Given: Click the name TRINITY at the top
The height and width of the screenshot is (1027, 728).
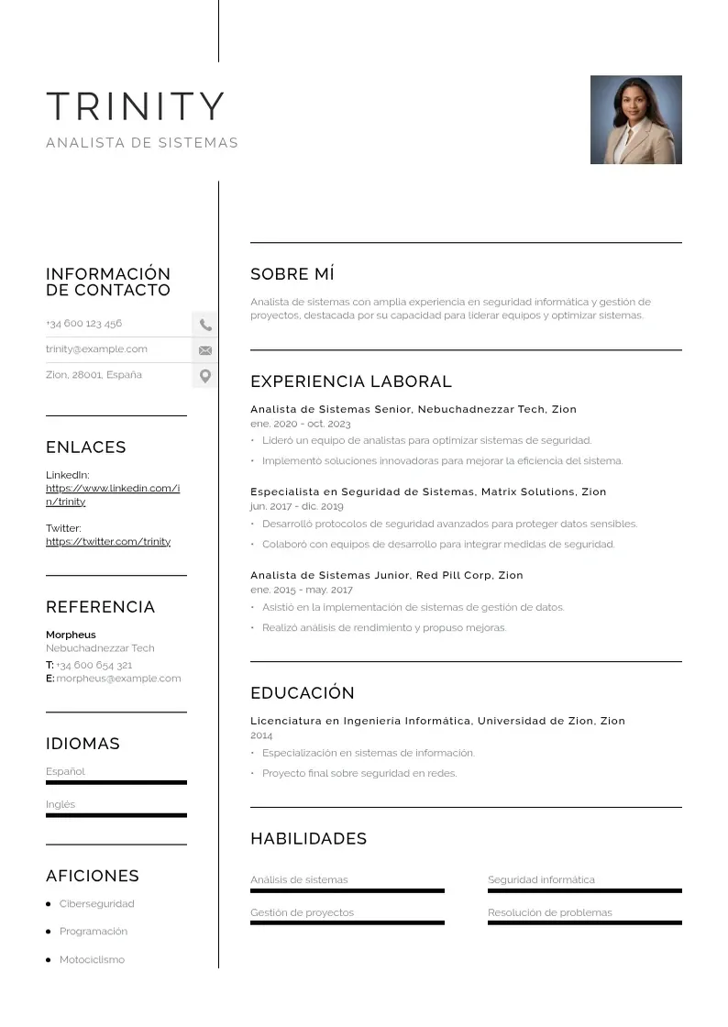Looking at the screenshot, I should click(136, 106).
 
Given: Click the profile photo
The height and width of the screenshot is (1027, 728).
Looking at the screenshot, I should click(635, 120).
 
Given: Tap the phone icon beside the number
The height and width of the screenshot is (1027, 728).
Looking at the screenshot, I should click(205, 325).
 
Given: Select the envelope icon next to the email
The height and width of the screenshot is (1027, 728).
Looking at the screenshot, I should click(205, 350).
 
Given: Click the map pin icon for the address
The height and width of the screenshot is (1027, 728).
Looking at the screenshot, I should click(205, 376).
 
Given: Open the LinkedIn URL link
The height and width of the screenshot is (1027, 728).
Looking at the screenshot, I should click(112, 494).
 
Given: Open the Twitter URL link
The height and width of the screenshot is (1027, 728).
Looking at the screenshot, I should click(108, 542).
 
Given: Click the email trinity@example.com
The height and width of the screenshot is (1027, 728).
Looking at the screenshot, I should click(96, 349).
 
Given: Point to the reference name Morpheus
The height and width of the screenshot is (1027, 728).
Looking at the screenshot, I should click(71, 635).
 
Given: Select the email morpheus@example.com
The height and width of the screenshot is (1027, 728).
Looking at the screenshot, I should click(118, 679).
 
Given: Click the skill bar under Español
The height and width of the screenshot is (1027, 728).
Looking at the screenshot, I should click(116, 782).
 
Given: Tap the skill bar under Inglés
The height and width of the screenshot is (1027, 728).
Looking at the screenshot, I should click(116, 815).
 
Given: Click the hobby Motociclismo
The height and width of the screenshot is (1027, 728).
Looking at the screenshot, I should click(92, 960).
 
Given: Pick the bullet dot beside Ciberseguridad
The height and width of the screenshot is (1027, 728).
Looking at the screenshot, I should click(48, 904).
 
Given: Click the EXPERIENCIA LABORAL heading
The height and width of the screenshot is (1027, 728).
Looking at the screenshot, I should click(351, 381).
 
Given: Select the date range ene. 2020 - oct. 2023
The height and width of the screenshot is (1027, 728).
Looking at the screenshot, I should click(301, 425).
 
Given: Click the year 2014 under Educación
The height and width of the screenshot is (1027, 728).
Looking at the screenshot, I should click(261, 735).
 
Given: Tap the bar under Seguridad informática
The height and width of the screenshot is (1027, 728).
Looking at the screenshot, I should click(585, 890).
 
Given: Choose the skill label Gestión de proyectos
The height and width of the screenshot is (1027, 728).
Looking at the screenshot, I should click(302, 912).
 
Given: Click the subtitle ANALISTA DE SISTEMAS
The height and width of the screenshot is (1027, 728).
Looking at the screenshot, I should click(142, 143).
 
